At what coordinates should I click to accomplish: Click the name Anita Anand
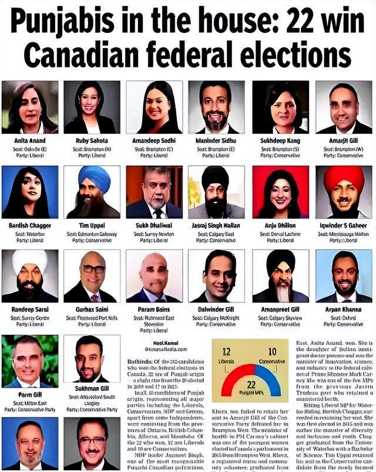pyautogui.click(x=29, y=141)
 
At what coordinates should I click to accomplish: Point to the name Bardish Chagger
pyautogui.click(x=29, y=225)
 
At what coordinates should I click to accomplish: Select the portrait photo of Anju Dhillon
pyautogui.click(x=280, y=192)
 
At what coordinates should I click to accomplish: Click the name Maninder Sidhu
pyautogui.click(x=217, y=141)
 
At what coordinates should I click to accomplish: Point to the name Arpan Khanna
pyautogui.click(x=343, y=309)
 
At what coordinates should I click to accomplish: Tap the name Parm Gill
pyautogui.click(x=29, y=395)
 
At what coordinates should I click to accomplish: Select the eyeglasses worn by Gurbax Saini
pyautogui.click(x=93, y=269)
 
